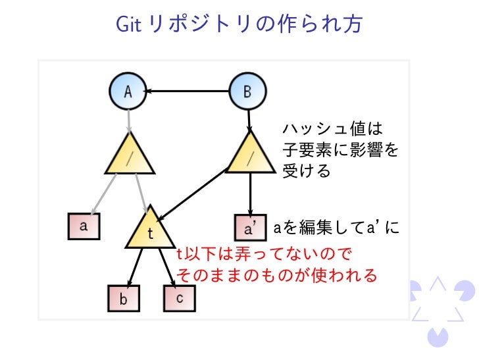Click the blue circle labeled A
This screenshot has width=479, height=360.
tap(128, 92)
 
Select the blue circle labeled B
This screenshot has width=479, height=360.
tap(247, 92)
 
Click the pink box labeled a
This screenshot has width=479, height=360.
tap(84, 226)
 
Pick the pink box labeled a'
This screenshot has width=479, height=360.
tap(251, 228)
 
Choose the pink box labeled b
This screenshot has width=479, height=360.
tap(124, 299)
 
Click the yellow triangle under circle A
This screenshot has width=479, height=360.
tap(130, 155)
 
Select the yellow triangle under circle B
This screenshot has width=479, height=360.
tap(250, 155)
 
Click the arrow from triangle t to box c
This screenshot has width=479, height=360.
tap(167, 267)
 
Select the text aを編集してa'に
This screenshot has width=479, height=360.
tap(336, 228)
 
